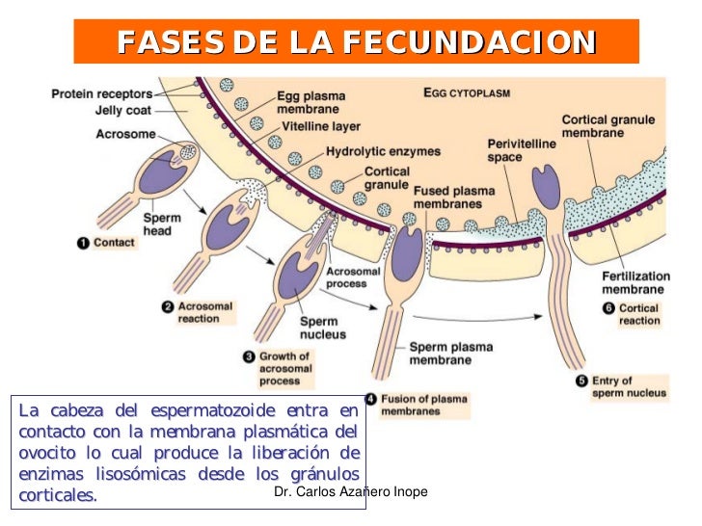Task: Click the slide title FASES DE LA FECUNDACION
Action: pos(356,42)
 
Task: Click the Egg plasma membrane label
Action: pos(311,103)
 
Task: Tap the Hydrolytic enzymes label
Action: pos(383,151)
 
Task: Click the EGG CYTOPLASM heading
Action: pos(467,94)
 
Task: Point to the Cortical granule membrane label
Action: pos(607,126)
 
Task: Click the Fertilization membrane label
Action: pos(633,282)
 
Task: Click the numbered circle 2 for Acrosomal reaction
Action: pos(167,307)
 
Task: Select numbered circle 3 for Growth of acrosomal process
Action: pos(249,356)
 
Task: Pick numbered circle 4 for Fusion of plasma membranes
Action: pos(370,399)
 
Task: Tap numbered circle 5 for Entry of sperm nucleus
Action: pos(580,381)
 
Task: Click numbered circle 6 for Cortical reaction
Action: pos(607,309)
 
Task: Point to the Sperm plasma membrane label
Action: pos(441,353)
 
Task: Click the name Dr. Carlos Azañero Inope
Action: pos(350,492)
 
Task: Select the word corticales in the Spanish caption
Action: pos(57,495)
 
